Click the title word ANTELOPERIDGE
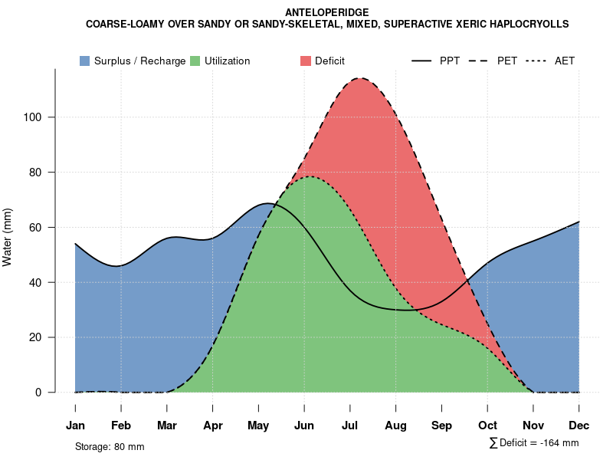click(x=327, y=12)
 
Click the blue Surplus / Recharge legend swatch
click(x=85, y=61)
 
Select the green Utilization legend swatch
click(x=195, y=61)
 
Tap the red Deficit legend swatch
click(x=306, y=61)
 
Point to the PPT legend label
click(x=450, y=61)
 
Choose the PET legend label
click(x=507, y=61)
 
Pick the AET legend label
click(x=565, y=61)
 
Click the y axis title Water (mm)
click(x=8, y=237)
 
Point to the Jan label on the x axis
click(x=75, y=426)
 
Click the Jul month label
click(x=350, y=426)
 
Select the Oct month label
click(x=487, y=426)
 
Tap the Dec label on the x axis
click(x=579, y=426)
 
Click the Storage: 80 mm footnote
click(x=110, y=446)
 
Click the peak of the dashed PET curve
click(x=359, y=78)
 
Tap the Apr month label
click(x=213, y=426)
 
